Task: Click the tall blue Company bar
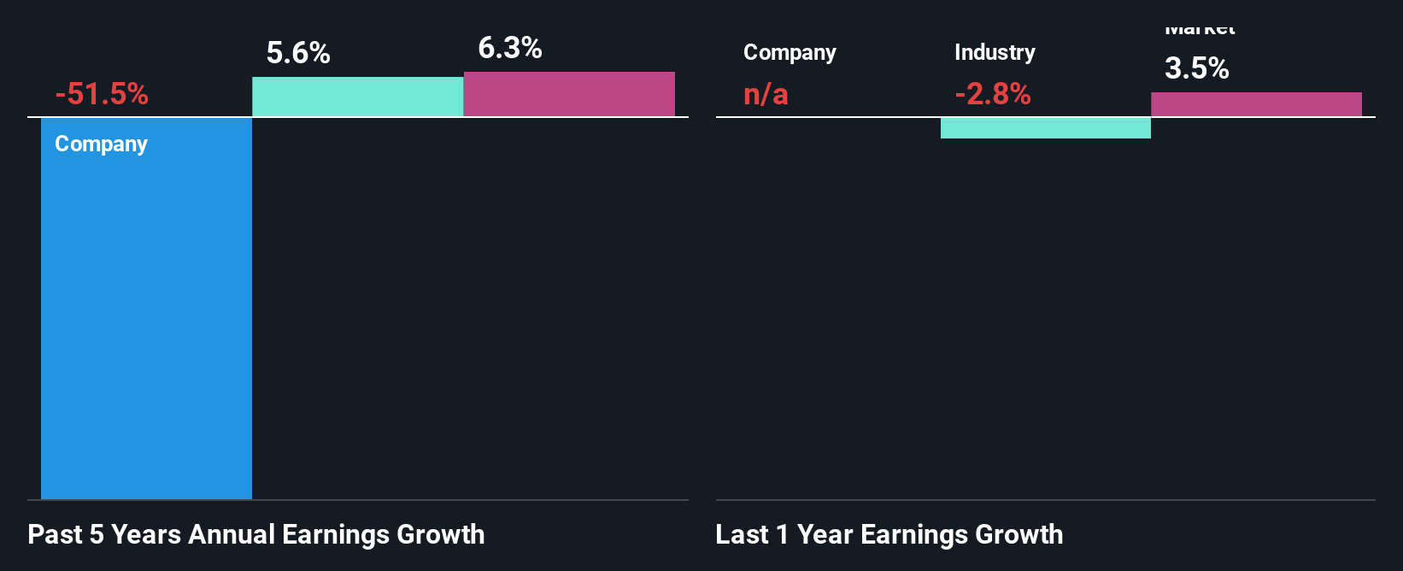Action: tap(146, 325)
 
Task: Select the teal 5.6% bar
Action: tap(357, 97)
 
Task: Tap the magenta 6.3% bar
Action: tap(569, 94)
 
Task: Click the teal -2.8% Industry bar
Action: tap(1045, 127)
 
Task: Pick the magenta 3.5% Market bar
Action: tap(1256, 104)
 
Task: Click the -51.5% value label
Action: tap(102, 94)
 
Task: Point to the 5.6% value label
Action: tap(298, 53)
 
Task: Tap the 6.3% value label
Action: tap(509, 48)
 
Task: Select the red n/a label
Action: tap(766, 94)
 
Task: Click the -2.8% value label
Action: tap(993, 94)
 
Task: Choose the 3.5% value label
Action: tap(1196, 68)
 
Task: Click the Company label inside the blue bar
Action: tap(101, 144)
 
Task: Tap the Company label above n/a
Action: tap(790, 53)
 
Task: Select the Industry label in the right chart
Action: tap(995, 53)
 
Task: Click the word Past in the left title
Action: tap(56, 534)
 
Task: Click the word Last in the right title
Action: tap(742, 534)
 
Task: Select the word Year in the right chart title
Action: tap(825, 534)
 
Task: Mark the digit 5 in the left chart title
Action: tap(97, 534)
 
